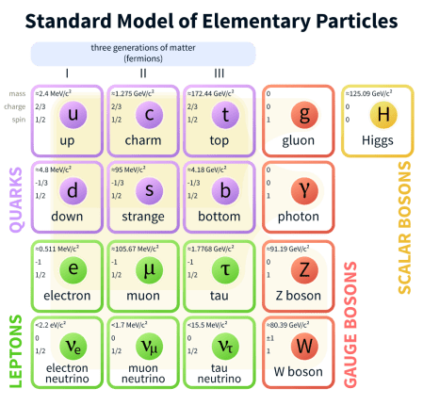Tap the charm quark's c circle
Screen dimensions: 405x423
point(148,115)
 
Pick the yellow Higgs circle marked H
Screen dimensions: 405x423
point(382,115)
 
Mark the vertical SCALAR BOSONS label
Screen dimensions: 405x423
point(405,226)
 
